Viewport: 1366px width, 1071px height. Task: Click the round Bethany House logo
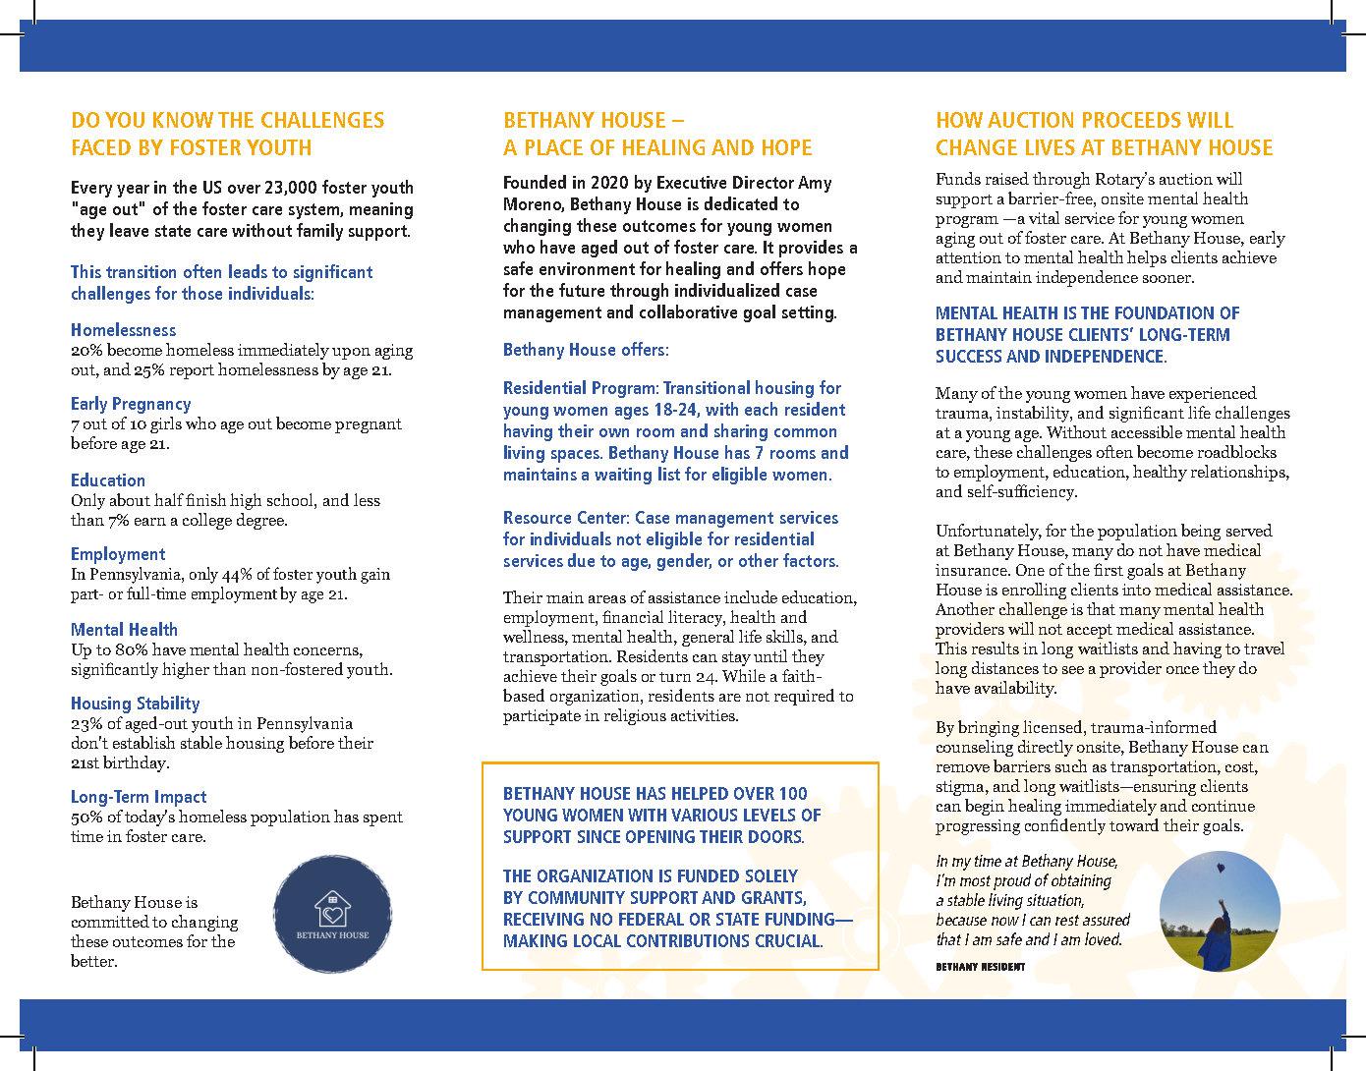tap(332, 914)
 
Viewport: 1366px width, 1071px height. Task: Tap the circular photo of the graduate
tap(1220, 911)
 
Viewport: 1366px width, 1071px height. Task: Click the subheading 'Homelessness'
tap(123, 330)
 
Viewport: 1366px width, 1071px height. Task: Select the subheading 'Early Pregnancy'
tap(131, 404)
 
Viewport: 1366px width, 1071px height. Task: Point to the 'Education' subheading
tap(108, 480)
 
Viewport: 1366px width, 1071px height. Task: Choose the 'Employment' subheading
tap(118, 554)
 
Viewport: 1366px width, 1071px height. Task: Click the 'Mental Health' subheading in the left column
tap(124, 630)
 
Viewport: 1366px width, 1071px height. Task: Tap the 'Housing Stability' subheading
tap(135, 704)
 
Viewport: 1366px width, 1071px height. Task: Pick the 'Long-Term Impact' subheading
tap(139, 797)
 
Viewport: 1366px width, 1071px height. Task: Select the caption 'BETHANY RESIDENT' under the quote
tap(980, 967)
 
